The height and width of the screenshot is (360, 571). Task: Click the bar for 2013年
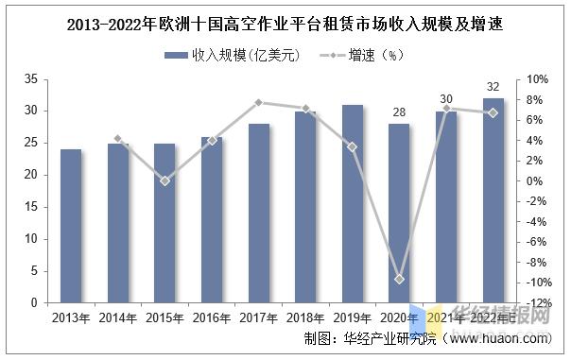[x=71, y=227]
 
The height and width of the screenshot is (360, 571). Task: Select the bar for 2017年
[x=259, y=214]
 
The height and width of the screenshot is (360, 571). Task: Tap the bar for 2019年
[x=353, y=204]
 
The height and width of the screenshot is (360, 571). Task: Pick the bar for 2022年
[x=493, y=201]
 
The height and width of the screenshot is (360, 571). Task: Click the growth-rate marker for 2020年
[x=400, y=280]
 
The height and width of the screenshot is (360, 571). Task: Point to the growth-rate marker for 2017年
[x=259, y=102]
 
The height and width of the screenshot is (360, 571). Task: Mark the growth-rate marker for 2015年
[x=164, y=180]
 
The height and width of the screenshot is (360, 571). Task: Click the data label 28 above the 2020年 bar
[x=400, y=111]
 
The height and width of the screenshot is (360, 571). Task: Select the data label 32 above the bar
[x=493, y=87]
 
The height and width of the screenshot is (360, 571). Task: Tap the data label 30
[x=446, y=99]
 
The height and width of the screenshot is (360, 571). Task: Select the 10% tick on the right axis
[x=536, y=78]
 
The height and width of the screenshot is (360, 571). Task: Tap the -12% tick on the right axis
[x=536, y=303]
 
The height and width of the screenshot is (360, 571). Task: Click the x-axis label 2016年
[x=212, y=318]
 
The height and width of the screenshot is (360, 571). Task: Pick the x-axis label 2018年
[x=305, y=318]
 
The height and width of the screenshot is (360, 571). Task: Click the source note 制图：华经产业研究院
[x=370, y=338]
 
